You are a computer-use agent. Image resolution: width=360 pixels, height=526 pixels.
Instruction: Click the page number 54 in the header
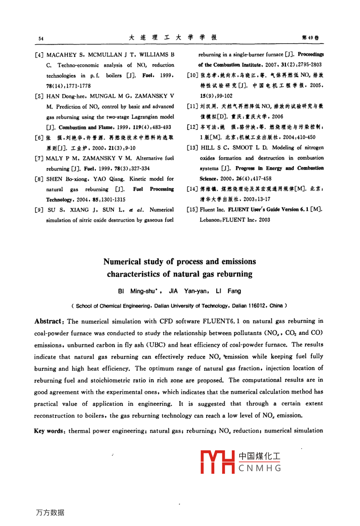pyautogui.click(x=41, y=39)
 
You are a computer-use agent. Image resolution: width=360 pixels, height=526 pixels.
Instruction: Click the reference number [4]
pyautogui.click(x=39, y=55)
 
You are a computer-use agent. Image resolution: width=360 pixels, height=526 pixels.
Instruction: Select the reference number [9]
pyautogui.click(x=39, y=210)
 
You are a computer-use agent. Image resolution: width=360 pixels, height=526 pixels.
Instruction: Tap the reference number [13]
pyautogui.click(x=192, y=148)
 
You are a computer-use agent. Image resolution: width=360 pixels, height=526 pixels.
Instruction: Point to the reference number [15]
pyautogui.click(x=192, y=210)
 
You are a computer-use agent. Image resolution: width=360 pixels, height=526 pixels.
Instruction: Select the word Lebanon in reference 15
pyautogui.click(x=209, y=220)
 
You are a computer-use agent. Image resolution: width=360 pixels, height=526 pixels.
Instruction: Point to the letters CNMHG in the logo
pyautogui.click(x=260, y=468)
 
